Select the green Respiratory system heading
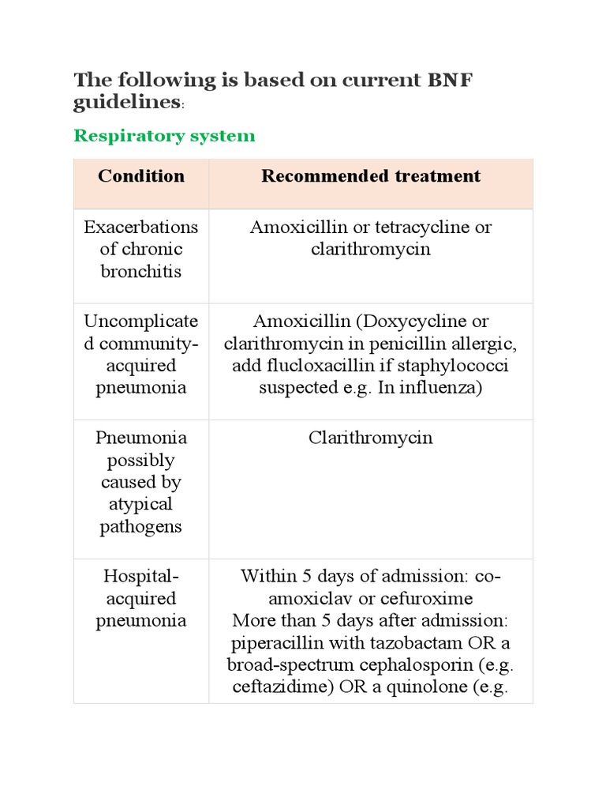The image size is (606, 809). (164, 136)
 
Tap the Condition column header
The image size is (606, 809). (141, 175)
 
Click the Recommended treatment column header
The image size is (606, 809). (371, 175)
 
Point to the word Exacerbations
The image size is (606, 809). (141, 228)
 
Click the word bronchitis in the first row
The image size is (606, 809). (141, 272)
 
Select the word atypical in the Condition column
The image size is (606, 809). (141, 504)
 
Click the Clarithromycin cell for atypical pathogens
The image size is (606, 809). (371, 438)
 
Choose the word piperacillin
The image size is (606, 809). (275, 642)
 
